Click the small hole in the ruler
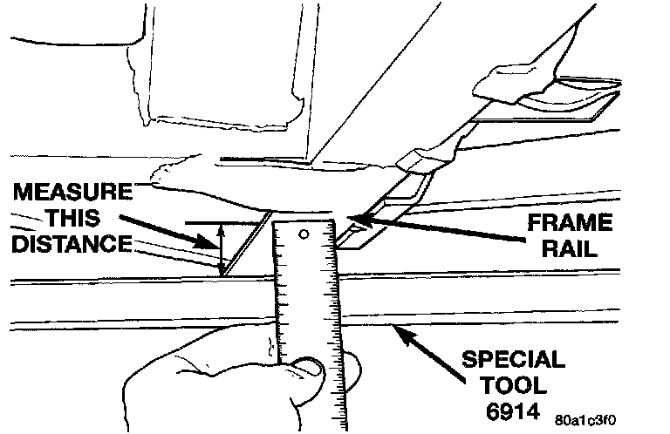coord(304,235)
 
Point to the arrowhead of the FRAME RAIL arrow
coord(351,216)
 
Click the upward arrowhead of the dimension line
coord(222,228)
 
